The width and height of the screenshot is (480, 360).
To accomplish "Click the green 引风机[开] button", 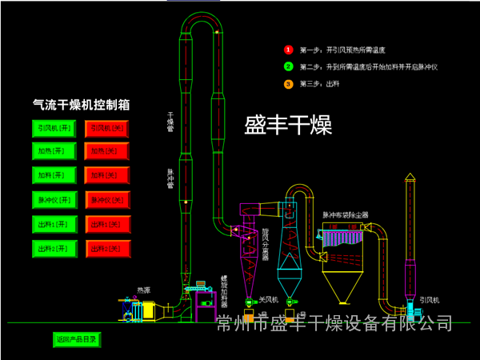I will tap(54, 127).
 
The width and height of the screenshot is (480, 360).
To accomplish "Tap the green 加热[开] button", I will tap(54, 150).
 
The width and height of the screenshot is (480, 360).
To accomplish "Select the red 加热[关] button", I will tap(107, 150).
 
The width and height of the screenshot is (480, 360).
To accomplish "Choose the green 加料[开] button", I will tap(54, 174).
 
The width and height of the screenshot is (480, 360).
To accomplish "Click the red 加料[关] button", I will tap(107, 174).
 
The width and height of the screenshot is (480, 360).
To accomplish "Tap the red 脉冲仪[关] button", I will tap(107, 199).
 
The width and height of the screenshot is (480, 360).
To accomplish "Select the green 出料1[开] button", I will tap(54, 224).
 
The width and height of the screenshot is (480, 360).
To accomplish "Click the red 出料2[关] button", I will tap(107, 249).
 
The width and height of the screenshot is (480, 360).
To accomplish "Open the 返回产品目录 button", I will tap(76, 339).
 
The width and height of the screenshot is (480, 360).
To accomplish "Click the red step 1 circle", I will tap(289, 50).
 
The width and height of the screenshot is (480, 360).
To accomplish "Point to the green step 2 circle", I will tap(289, 66).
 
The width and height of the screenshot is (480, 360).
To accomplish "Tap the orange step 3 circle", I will tap(289, 83).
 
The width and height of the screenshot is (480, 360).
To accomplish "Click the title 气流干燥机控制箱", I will tap(81, 104).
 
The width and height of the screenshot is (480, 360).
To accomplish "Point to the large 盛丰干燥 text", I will tap(288, 125).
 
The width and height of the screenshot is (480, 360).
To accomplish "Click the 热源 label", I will tap(144, 290).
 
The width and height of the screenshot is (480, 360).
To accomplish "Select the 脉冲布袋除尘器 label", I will tap(346, 215).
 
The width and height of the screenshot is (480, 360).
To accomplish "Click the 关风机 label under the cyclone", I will tap(267, 300).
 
